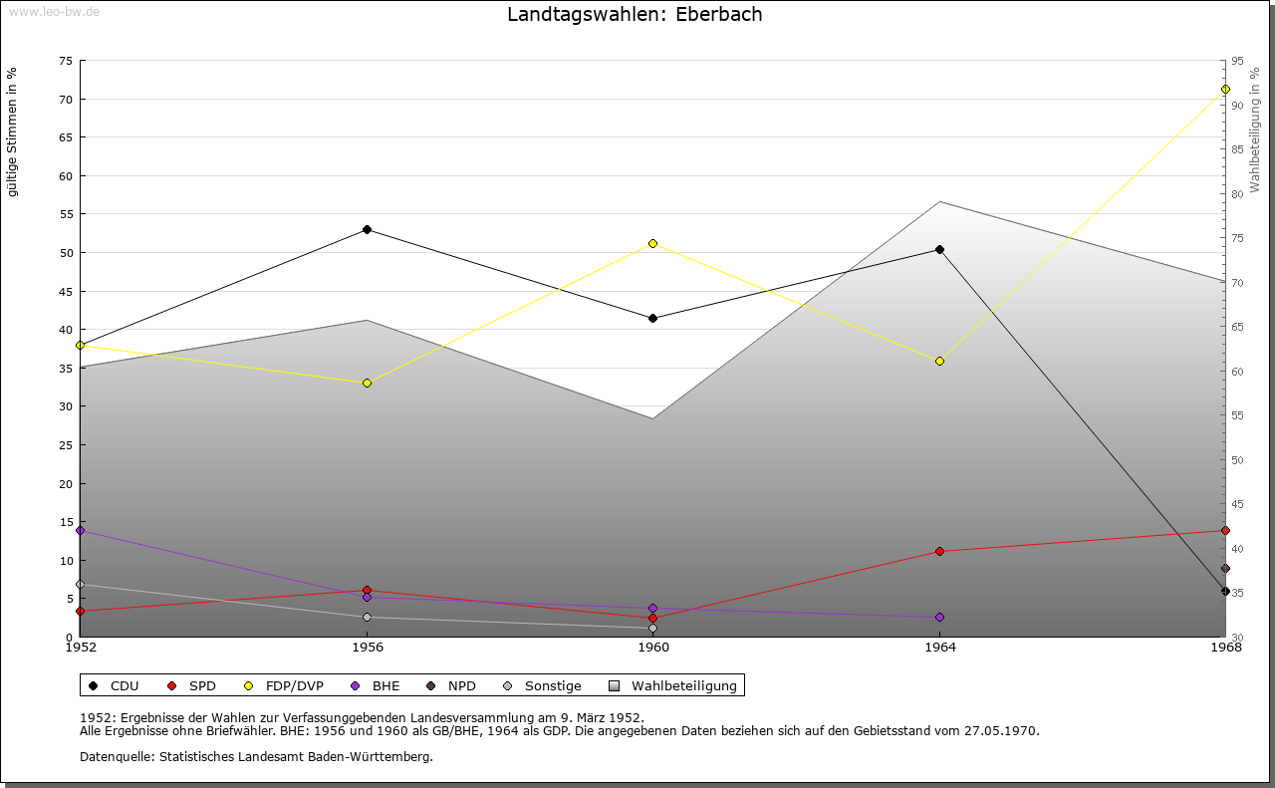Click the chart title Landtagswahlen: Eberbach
(x=635, y=15)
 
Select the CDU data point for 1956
(x=367, y=230)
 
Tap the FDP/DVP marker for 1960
(x=652, y=243)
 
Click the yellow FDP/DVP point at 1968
(x=1225, y=90)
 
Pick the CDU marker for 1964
(x=939, y=249)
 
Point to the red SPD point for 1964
(x=939, y=551)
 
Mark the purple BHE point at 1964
(x=939, y=617)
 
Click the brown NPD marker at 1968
(x=1225, y=569)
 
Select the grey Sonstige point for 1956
(x=367, y=617)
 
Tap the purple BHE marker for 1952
(x=80, y=531)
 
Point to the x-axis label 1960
(x=652, y=648)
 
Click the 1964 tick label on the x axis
(x=939, y=648)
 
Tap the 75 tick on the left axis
(x=65, y=61)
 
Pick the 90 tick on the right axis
(x=1236, y=106)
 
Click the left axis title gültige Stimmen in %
(x=13, y=131)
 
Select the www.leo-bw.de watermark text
(x=54, y=11)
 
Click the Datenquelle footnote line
(x=256, y=756)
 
